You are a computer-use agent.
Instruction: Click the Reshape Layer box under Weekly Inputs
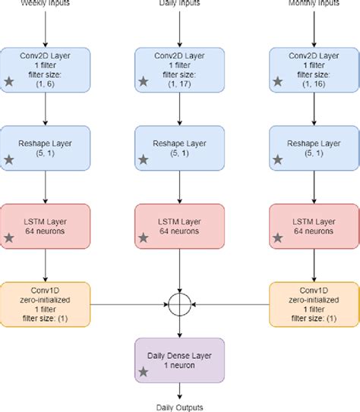[x=46, y=146]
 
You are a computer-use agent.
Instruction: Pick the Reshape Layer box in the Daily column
[x=179, y=146]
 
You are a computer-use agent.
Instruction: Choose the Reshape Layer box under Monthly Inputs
[x=313, y=146]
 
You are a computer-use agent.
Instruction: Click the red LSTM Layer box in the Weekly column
[x=46, y=225]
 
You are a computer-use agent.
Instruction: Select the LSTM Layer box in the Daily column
[x=179, y=225]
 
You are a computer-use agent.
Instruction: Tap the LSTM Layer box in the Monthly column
[x=313, y=225]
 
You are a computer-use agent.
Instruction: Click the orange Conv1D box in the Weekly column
[x=46, y=303]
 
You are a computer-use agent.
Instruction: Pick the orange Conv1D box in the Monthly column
[x=313, y=303]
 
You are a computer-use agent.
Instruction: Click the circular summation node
[x=179, y=304]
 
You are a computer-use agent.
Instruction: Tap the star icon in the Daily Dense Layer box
[x=143, y=371]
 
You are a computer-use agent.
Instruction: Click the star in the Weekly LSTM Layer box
[x=10, y=238]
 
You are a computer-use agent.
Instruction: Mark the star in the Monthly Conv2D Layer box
[x=277, y=80]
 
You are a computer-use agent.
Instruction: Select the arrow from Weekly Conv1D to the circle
[x=129, y=304]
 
